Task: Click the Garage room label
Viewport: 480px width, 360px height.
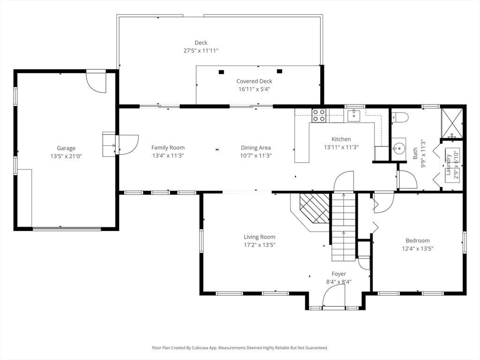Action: pos(66,148)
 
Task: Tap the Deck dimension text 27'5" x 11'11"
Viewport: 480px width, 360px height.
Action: pos(201,51)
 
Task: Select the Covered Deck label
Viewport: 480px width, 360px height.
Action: pos(254,81)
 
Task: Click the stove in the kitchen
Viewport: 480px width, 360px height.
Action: pos(319,115)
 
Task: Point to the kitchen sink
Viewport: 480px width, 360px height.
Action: pos(354,115)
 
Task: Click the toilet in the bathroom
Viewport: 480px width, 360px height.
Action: pos(400,117)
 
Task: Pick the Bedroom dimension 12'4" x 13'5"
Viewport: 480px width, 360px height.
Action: pos(418,248)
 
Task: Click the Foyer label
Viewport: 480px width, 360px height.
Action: pos(338,274)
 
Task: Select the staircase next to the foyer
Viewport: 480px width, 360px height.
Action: pos(344,226)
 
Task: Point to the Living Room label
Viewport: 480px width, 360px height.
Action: pos(259,237)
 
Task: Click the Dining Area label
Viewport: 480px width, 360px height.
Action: pos(255,148)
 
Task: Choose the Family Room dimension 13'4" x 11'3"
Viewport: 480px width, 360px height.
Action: pos(168,156)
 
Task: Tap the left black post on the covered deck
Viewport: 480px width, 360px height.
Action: pos(221,72)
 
